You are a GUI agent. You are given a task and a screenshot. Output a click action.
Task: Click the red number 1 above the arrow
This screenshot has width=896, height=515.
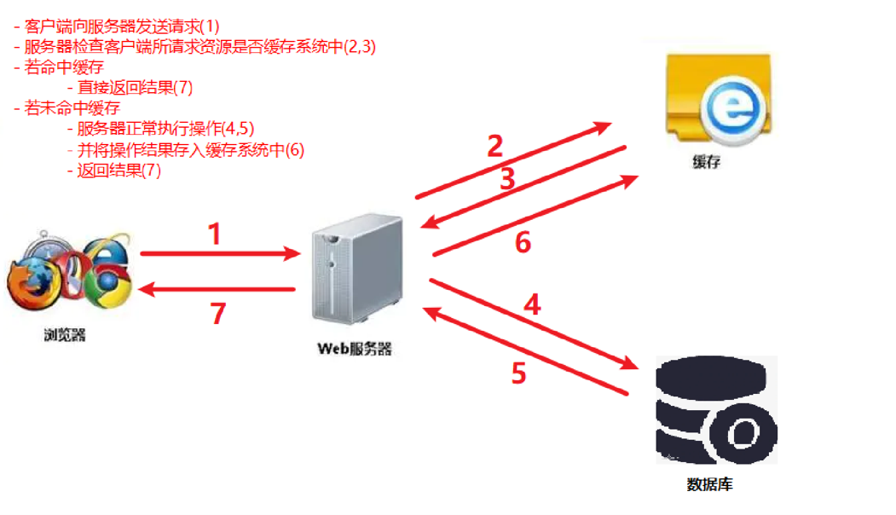pos(216,234)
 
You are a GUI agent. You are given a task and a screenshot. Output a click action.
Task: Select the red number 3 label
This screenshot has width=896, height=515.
pos(507,180)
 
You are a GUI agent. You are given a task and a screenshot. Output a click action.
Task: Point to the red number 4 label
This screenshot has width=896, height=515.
pos(532,305)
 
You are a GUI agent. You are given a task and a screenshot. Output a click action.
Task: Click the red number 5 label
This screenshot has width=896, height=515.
pos(518,374)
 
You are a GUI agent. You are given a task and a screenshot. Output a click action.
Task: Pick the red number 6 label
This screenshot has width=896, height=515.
pos(523,243)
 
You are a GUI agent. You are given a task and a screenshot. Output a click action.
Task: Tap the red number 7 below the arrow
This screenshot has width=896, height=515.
pos(217,314)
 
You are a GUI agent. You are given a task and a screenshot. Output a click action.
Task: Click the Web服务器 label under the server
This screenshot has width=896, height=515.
pos(355,349)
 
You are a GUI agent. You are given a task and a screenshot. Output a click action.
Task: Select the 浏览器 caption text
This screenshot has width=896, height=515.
pos(65,335)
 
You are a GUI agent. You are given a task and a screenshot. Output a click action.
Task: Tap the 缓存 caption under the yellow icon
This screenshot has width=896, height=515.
pos(707,162)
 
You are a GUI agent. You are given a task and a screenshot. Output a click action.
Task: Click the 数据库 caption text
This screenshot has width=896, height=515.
pos(709,485)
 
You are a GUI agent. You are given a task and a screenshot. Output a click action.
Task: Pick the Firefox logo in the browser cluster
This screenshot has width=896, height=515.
pos(31,286)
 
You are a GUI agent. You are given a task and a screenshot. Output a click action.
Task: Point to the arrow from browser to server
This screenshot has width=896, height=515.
pos(218,254)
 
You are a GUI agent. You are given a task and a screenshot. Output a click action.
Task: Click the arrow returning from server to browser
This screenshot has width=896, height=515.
pos(218,290)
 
